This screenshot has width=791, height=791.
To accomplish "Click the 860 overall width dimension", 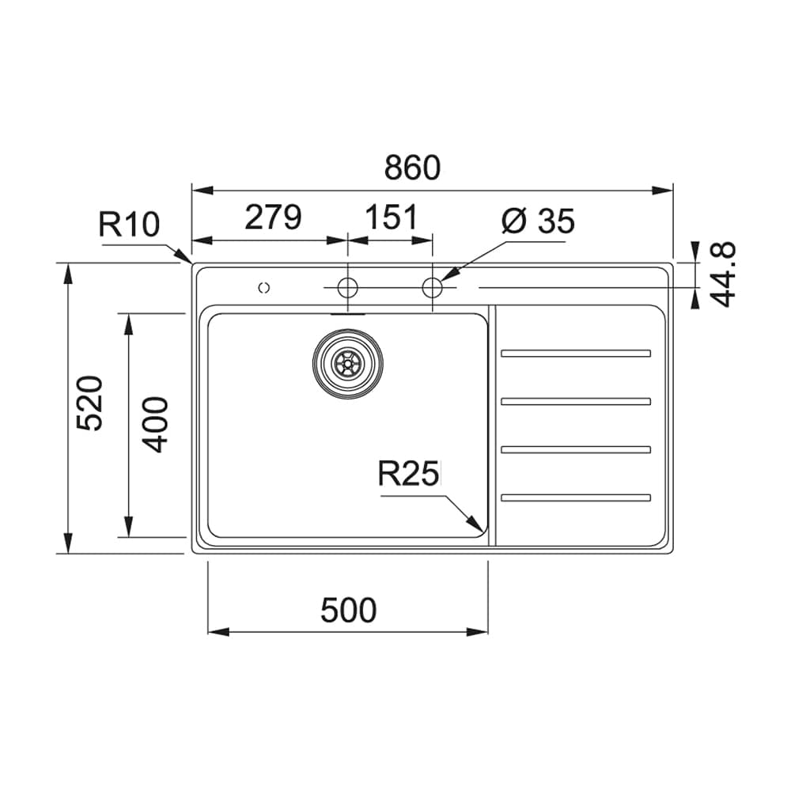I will pos(411,168).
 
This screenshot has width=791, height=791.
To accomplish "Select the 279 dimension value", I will pos(273,218).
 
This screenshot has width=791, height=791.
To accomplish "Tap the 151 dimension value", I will pos(390,218).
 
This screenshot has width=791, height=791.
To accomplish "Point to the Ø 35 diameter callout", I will pos(538,222).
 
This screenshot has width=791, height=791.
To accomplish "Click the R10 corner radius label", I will pos(129,225).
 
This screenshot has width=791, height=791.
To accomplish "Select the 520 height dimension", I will pos(90,403).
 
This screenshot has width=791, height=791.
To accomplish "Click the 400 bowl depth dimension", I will pos(156,424).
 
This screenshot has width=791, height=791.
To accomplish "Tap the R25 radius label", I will pos(407,475).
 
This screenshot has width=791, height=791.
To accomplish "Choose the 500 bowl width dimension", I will pos(349,611).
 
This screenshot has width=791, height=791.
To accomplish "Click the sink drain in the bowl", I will pos(348,363).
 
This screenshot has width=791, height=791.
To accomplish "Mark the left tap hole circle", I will pos(347,287).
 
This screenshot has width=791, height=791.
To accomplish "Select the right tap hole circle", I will pos(432,287).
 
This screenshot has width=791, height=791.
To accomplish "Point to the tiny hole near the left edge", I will pos(264,288).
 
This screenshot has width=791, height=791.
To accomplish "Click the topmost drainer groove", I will pos(576,353).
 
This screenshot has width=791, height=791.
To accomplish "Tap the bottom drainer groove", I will pos(576,498).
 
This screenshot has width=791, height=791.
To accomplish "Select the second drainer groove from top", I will pos(576,401).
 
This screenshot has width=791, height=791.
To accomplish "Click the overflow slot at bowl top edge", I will pos(347,313).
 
